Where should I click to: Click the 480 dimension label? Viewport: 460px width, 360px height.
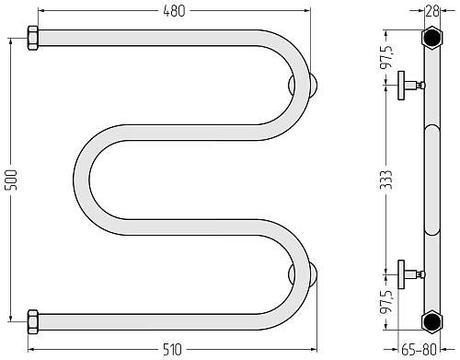(x=174, y=11)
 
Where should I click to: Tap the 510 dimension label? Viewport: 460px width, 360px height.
(x=172, y=350)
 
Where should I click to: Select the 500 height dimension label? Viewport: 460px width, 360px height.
(x=12, y=180)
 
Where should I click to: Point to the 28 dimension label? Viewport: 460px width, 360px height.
(x=431, y=11)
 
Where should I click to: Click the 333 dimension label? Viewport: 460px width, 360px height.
(x=387, y=180)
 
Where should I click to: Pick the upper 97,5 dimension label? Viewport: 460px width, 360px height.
(x=387, y=57)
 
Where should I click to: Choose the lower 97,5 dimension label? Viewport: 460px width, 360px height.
(x=387, y=302)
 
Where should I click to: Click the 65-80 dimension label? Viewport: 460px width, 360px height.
(x=419, y=350)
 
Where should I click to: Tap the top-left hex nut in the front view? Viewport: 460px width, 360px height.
(x=33, y=39)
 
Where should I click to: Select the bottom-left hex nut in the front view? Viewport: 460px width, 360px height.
(x=33, y=322)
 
